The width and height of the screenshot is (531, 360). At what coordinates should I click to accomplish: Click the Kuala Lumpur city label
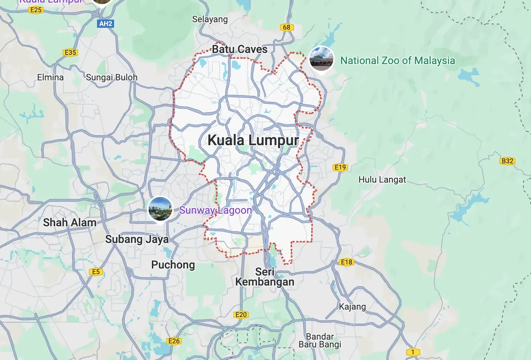(253, 140)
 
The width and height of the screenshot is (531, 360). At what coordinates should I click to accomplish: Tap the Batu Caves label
(240, 49)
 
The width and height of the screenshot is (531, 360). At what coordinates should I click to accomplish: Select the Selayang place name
(210, 19)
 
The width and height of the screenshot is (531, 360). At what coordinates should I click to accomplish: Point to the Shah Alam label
(70, 223)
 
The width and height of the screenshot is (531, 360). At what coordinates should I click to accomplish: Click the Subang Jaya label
(137, 239)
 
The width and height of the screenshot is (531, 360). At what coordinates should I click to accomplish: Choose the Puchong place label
(173, 265)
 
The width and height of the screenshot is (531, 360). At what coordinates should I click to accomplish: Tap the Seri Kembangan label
(265, 277)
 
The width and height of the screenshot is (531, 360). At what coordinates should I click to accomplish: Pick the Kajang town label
(352, 307)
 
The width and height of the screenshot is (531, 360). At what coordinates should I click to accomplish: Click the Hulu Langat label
(382, 180)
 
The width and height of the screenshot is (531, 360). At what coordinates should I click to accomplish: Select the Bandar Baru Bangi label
(320, 341)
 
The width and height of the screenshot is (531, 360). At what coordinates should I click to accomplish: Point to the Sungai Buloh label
(111, 77)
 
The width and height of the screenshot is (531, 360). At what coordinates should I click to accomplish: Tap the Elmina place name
(50, 77)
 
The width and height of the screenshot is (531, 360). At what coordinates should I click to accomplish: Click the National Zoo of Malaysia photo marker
(321, 59)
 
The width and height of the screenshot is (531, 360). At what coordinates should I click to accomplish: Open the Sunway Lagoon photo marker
(160, 209)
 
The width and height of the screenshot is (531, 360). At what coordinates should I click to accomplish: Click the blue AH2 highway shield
(106, 24)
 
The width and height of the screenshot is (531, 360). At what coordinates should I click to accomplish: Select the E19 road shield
(340, 167)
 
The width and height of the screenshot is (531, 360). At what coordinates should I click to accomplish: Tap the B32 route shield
(507, 161)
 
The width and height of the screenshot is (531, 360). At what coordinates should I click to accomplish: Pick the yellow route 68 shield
(287, 27)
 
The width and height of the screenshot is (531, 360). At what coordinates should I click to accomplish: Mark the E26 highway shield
(174, 341)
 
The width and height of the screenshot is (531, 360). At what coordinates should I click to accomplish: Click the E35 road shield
(70, 53)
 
